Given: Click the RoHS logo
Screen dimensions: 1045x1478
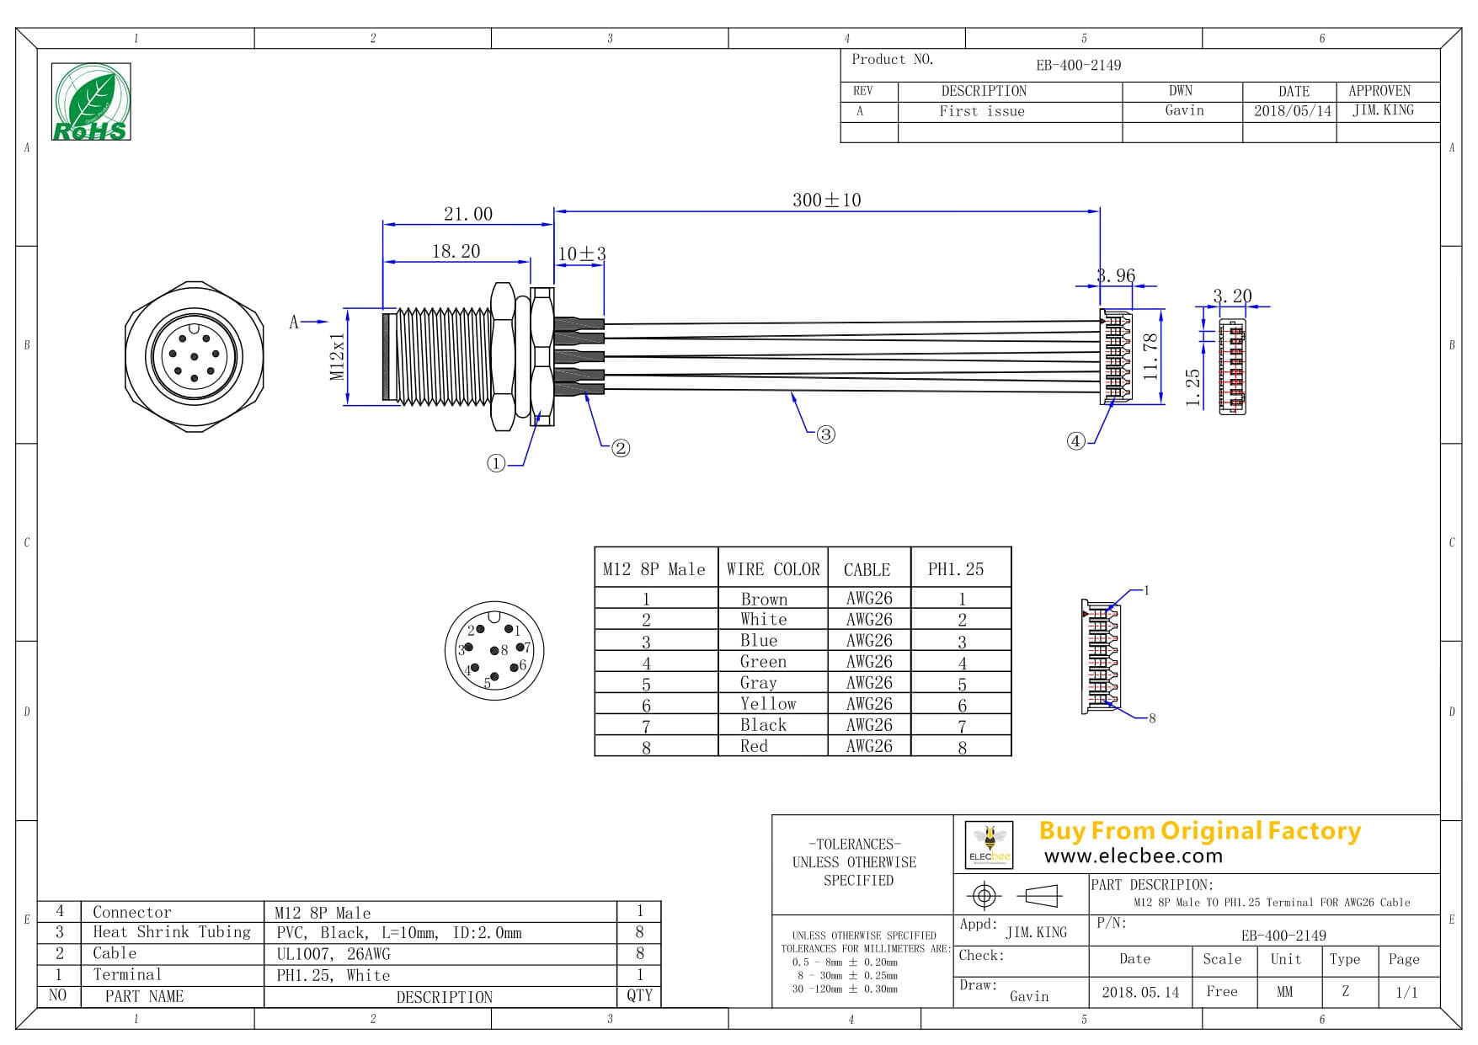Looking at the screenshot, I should (x=91, y=102).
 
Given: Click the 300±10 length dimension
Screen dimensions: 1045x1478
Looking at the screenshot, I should (x=826, y=200).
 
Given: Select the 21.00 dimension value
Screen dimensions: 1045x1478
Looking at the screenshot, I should (x=468, y=215).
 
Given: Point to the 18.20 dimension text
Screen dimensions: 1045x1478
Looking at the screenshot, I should (x=456, y=252).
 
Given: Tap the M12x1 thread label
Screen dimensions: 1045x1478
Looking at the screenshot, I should (x=338, y=357).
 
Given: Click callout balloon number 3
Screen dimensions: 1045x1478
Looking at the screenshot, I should (x=825, y=435).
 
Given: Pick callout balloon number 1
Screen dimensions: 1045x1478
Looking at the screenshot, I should (x=496, y=463).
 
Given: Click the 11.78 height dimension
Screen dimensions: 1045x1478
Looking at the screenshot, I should (x=1151, y=356).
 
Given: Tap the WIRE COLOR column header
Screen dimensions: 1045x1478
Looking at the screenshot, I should (x=773, y=569).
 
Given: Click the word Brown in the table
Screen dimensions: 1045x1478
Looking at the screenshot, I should (x=764, y=600).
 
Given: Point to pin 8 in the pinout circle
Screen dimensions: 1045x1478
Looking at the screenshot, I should (x=496, y=650).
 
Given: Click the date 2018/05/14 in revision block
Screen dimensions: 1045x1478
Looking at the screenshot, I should (x=1293, y=111).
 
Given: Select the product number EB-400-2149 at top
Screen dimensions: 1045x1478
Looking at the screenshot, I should (x=1078, y=66).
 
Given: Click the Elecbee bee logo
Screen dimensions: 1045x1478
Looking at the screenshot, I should (x=988, y=844).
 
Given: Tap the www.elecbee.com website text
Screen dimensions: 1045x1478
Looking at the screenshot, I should (x=1133, y=856).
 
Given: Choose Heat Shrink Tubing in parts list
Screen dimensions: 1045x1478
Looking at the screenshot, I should (x=172, y=932).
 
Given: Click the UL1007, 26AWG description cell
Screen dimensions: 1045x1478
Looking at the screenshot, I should (x=333, y=954).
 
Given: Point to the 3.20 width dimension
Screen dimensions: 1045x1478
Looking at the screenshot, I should (x=1231, y=296).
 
